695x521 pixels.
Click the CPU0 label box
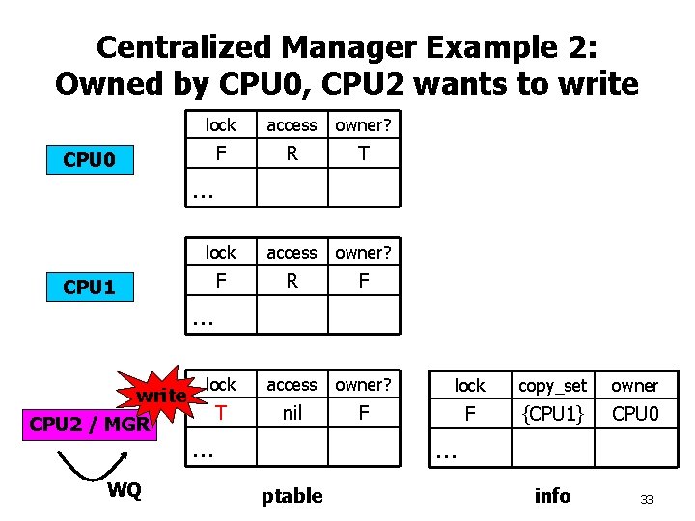[x=89, y=159]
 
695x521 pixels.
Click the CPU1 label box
[x=89, y=287]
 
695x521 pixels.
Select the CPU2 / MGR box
[x=89, y=423]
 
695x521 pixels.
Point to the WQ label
[x=124, y=490]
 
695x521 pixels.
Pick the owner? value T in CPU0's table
[x=363, y=153]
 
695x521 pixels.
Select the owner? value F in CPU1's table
[x=363, y=281]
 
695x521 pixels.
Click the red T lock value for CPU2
[x=221, y=413]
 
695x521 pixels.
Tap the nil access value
[x=292, y=413]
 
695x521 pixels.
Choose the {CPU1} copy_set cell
[x=552, y=414]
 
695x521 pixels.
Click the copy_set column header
[x=552, y=386]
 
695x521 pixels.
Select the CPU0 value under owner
[x=635, y=414]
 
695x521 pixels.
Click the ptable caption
[x=292, y=496]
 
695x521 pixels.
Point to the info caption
[x=552, y=496]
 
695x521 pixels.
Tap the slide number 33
[x=647, y=500]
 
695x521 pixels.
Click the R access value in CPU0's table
[x=292, y=153]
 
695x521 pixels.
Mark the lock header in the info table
[x=470, y=386]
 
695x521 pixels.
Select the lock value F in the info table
[x=470, y=414]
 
